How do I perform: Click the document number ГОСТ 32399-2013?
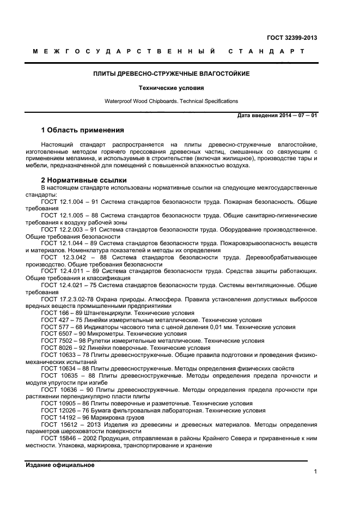292,38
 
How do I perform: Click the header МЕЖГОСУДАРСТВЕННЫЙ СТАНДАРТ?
168,52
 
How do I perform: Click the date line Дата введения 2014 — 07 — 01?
277,116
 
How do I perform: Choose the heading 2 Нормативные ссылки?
84,180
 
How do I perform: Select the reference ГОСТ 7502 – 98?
62,341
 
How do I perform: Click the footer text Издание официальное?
60,465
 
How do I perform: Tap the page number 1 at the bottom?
315,472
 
